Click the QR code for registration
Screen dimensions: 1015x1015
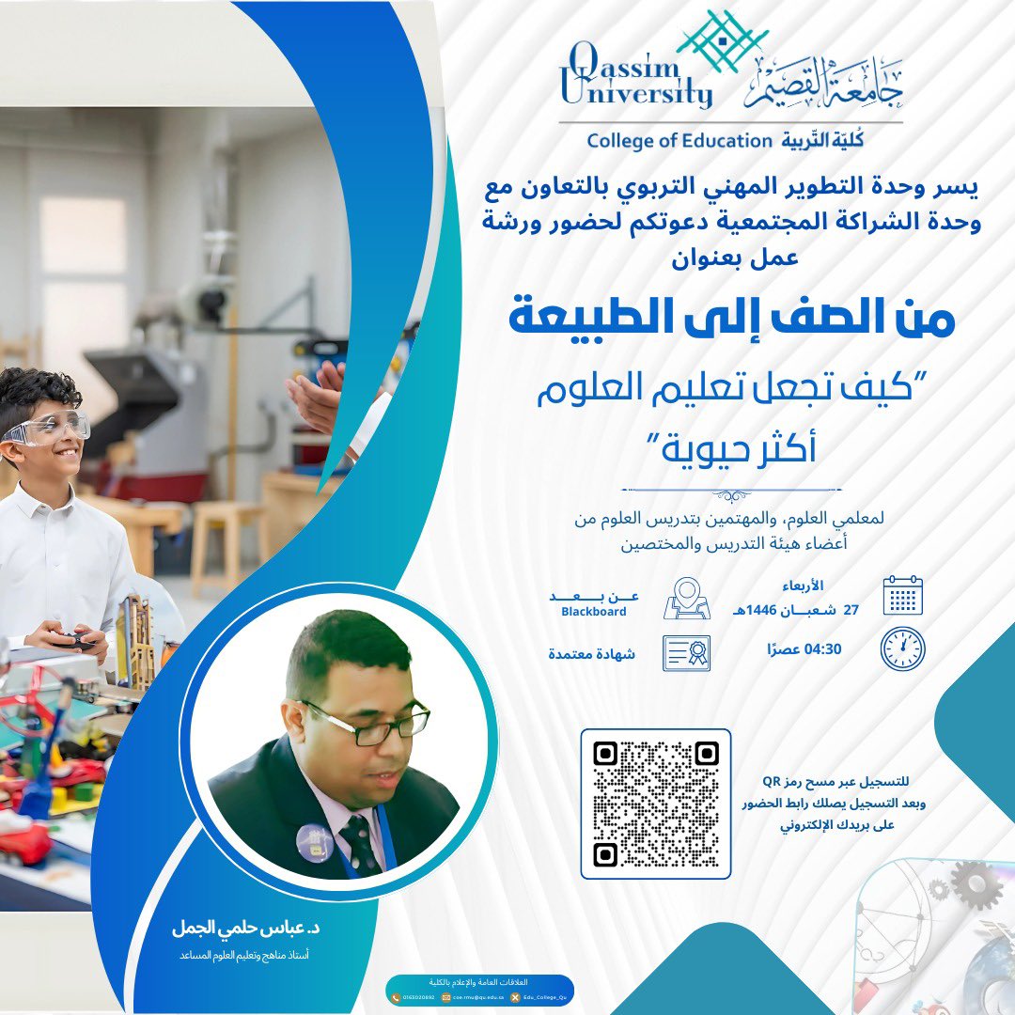(x=655, y=804)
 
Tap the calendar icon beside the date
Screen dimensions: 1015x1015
(x=902, y=595)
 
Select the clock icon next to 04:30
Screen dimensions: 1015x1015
(x=902, y=648)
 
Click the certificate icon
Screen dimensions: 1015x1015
(x=687, y=652)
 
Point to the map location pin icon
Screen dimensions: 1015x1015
(x=687, y=598)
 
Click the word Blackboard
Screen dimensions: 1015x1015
(x=593, y=612)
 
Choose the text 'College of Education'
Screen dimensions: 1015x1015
(x=678, y=141)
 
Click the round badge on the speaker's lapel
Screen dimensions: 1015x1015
(x=314, y=842)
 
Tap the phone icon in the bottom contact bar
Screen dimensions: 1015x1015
(x=394, y=995)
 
